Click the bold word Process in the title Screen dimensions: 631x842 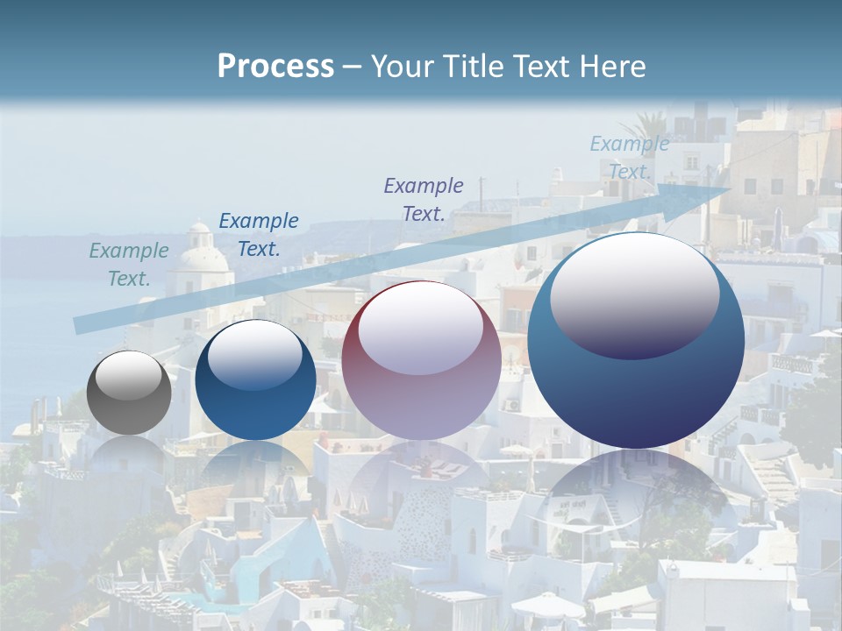pos(275,67)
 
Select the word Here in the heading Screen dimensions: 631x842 pos(613,67)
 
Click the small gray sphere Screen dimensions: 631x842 pos(130,393)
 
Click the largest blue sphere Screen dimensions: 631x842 pos(636,341)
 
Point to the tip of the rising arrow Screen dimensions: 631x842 pos(730,187)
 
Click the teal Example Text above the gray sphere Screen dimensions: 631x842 pos(129,265)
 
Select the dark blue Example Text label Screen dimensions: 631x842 pos(259,235)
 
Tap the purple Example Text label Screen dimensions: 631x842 pos(424,199)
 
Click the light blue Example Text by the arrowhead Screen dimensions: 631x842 pos(630,158)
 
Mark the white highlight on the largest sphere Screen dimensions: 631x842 pos(635,294)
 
